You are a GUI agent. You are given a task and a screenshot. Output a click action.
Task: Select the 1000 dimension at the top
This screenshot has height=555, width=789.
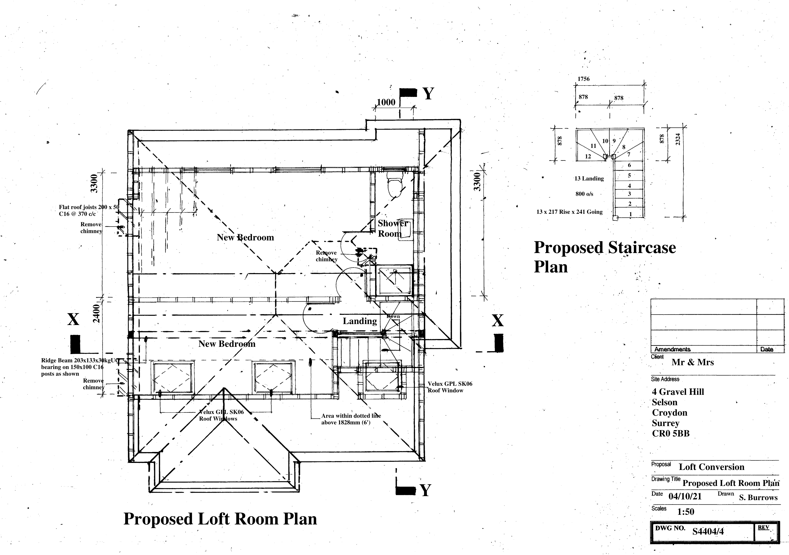point(386,102)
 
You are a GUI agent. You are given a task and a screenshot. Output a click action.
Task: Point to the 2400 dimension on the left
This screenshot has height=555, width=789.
point(96,313)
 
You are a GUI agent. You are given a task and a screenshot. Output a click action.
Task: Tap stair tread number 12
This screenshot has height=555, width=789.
point(588,157)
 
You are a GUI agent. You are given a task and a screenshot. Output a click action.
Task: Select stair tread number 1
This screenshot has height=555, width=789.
point(630,214)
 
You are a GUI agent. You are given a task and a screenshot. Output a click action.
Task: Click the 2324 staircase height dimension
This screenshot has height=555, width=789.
point(678,139)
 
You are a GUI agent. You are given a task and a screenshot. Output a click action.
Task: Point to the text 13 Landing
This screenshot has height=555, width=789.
point(589,179)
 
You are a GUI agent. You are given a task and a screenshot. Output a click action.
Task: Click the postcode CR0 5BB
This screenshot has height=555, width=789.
point(670,434)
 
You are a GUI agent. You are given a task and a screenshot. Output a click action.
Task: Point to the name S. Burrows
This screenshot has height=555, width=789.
point(758,498)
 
